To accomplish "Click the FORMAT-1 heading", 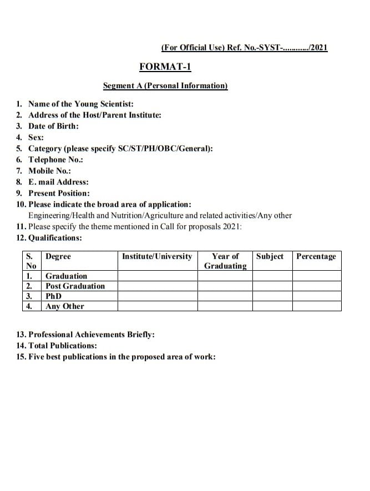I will [165, 67].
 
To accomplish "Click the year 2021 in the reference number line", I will [318, 48].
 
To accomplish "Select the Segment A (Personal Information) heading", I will [165, 85].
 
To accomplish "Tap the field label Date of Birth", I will [53, 126].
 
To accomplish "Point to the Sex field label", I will [36, 137].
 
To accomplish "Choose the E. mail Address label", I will [58, 182].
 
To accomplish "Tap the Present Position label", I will [59, 193].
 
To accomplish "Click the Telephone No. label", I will [55, 160].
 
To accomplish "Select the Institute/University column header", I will [157, 256].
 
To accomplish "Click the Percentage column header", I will [316, 256].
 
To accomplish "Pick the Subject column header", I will [270, 256].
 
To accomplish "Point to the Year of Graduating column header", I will [225, 261].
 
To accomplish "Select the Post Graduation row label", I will [75, 286].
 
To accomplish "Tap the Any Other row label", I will [65, 306].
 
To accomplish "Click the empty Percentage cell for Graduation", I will [316, 276].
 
